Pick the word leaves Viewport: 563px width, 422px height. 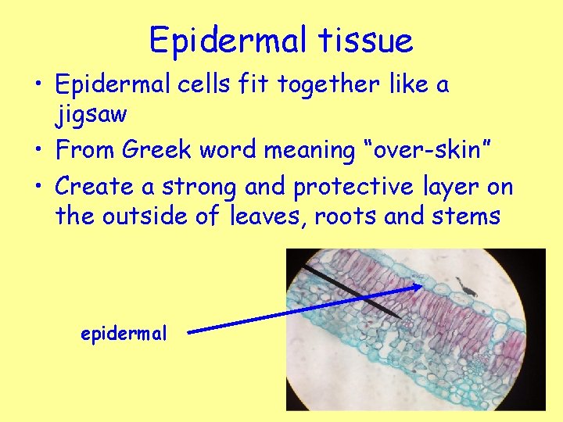point(268,216)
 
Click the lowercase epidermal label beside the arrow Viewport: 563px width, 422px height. point(124,333)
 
